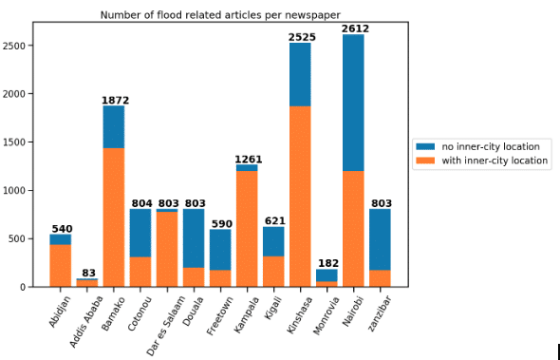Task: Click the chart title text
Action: click(x=220, y=14)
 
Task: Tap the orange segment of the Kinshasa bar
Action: click(x=300, y=196)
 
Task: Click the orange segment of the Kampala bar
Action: click(x=247, y=228)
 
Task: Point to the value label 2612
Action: click(x=355, y=28)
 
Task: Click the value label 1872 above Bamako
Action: click(x=115, y=100)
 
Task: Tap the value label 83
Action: click(x=88, y=273)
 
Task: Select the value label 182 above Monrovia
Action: click(x=327, y=263)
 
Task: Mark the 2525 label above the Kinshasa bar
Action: click(x=301, y=36)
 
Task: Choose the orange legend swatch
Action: click(x=424, y=161)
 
